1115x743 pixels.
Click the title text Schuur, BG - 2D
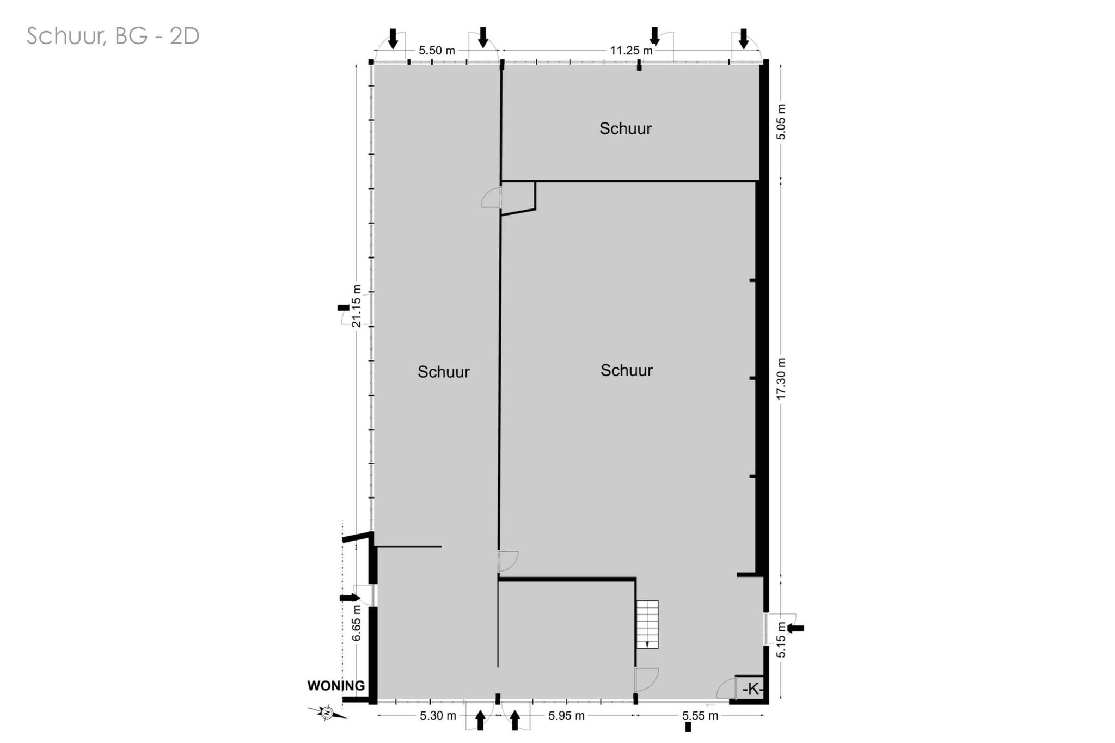[113, 36]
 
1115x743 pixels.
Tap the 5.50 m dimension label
[437, 51]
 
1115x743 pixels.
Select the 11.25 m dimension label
[631, 51]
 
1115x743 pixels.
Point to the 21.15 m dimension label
[357, 306]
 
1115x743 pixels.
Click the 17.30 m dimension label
[781, 379]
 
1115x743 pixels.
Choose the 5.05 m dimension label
[781, 121]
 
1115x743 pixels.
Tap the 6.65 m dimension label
[357, 623]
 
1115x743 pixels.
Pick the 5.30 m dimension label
[438, 716]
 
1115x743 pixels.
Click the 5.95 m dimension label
[566, 716]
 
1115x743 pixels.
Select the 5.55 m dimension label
[700, 716]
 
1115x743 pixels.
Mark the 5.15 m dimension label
[781, 640]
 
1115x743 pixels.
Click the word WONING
[336, 686]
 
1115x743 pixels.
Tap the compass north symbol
[327, 712]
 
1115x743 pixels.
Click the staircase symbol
[647, 624]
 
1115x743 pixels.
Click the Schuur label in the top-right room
[626, 128]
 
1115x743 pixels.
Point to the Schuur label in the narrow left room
[444, 372]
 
